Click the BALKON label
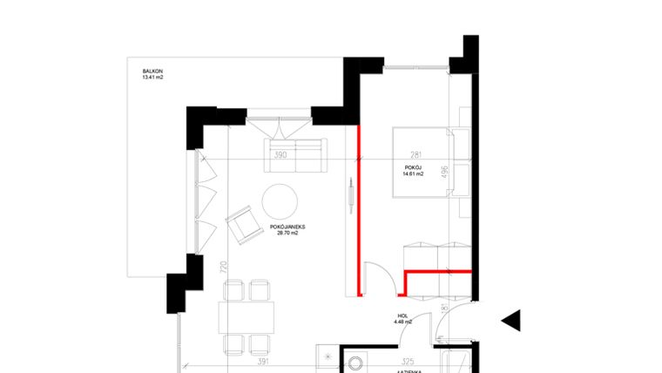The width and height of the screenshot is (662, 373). point(154,71)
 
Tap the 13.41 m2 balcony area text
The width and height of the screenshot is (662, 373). point(153,78)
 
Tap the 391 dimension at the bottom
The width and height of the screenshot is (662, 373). point(263,360)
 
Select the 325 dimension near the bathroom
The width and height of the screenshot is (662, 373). point(407,360)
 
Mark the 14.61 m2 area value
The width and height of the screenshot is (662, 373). point(413,174)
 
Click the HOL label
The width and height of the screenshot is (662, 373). point(402,315)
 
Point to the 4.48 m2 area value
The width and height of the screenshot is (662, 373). point(402,322)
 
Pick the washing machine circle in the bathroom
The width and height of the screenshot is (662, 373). point(356,364)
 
